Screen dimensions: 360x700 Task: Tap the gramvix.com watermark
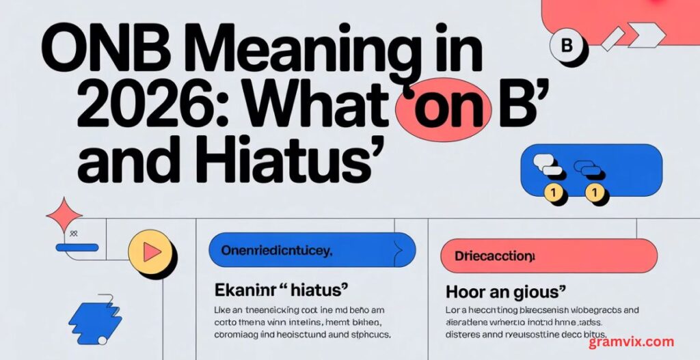631,342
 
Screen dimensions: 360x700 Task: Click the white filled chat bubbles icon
549,167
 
